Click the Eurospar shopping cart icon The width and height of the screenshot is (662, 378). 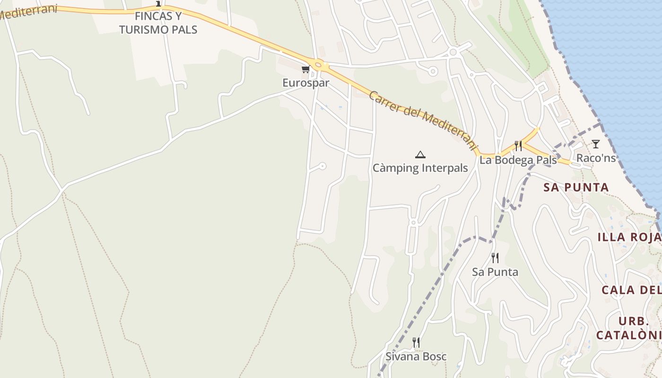point(305,69)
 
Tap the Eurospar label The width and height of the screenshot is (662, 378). point(305,83)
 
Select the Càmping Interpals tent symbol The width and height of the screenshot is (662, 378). point(420,155)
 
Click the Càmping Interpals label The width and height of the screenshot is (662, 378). point(420,168)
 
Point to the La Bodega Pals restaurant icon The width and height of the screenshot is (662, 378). point(518,146)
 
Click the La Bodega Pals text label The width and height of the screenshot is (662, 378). point(518,160)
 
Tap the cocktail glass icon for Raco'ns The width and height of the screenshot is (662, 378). point(595,144)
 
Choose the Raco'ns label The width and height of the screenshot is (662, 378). point(596,158)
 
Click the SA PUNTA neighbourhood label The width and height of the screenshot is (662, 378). point(576,187)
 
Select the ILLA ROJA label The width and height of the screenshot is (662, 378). point(629,237)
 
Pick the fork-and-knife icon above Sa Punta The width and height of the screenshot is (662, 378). point(495,258)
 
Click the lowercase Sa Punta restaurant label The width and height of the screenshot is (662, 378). point(495,272)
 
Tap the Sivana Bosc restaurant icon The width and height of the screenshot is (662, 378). point(416,343)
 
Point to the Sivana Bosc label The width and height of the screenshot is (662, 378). point(416,356)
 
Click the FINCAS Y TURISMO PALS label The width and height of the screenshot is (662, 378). point(158,23)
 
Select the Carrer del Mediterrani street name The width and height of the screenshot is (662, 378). point(422,120)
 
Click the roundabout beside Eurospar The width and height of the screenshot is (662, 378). point(318,65)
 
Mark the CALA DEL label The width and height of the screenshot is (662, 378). point(631,290)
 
